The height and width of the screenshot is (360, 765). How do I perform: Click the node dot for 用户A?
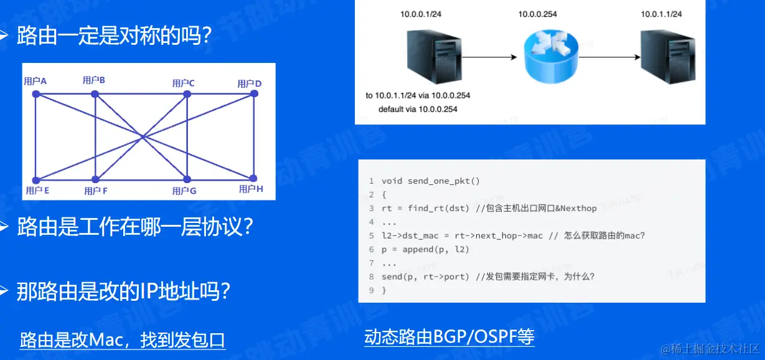tap(36, 94)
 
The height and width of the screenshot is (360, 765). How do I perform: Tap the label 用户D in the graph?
tap(250, 83)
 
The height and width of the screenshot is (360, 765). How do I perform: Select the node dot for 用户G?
tap(187, 179)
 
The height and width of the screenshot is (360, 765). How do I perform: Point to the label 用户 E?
tap(37, 191)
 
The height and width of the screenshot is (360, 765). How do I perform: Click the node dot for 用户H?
tap(253, 178)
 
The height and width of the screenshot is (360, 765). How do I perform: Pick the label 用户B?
tap(93, 80)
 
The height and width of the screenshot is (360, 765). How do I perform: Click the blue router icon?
tap(551, 57)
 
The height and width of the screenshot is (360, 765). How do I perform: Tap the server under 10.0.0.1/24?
tap(434, 57)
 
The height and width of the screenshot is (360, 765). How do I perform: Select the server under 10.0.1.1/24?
tap(668, 57)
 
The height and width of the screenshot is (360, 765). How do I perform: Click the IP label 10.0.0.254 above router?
tap(538, 14)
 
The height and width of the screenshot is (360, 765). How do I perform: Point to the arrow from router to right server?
tap(609, 57)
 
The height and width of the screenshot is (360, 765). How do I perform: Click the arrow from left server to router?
tap(489, 57)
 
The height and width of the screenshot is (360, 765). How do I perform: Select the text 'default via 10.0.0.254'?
tap(418, 110)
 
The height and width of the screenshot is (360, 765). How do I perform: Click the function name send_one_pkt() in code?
tap(444, 181)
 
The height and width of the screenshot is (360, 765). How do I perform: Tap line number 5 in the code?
tap(371, 235)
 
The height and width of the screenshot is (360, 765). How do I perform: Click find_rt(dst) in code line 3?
tap(438, 208)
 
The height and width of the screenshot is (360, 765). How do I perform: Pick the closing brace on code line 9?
tap(384, 291)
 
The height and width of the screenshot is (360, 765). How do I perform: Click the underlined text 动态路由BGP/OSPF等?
tap(449, 337)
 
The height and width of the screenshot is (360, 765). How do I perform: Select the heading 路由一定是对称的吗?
tap(114, 36)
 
